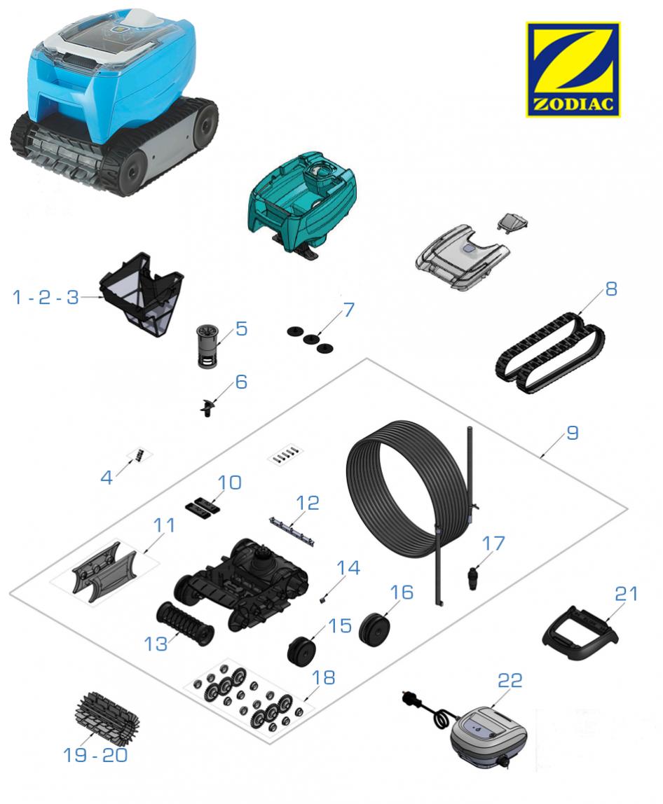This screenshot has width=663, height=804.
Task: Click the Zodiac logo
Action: tap(573, 69)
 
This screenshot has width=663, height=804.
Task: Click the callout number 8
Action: tap(611, 289)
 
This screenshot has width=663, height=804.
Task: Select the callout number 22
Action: tap(510, 681)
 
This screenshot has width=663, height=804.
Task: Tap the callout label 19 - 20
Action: tap(95, 755)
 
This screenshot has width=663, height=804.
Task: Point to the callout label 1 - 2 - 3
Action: tap(45, 297)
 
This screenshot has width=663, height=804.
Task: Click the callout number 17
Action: tap(493, 543)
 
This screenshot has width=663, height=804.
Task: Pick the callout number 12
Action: tap(308, 503)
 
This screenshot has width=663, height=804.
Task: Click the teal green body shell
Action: tap(302, 203)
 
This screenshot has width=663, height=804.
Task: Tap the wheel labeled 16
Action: tap(374, 629)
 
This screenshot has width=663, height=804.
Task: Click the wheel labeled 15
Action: tap(301, 650)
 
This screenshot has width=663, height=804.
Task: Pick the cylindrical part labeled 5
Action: tap(208, 345)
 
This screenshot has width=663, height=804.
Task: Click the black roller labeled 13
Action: tap(185, 623)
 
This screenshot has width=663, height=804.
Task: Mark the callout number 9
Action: tap(573, 434)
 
